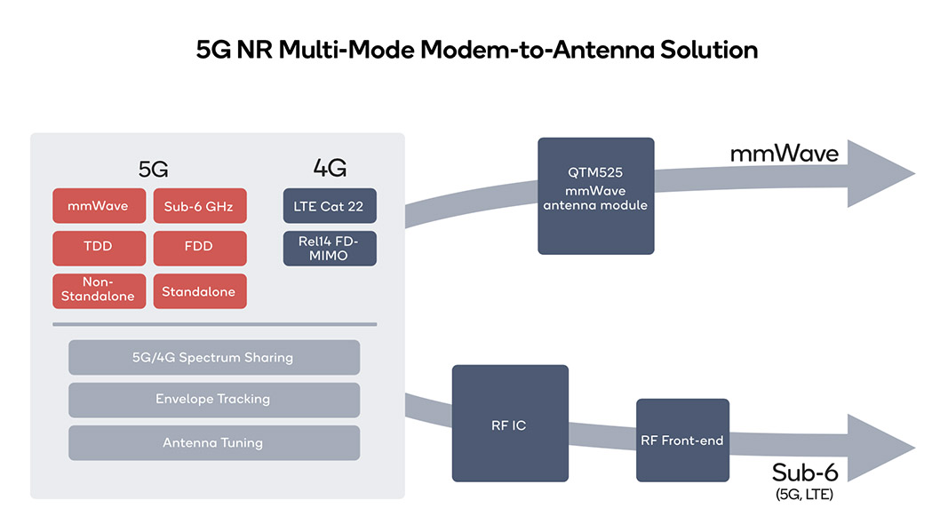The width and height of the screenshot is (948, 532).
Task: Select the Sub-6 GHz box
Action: pyautogui.click(x=200, y=205)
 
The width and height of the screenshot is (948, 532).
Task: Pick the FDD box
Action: pyautogui.click(x=200, y=248)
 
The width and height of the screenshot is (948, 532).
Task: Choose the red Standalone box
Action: pyautogui.click(x=200, y=290)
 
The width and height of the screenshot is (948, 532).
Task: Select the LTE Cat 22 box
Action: pyautogui.click(x=330, y=205)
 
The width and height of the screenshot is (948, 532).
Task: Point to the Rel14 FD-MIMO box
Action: pyautogui.click(x=330, y=248)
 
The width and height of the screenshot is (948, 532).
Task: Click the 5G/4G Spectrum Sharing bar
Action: pyautogui.click(x=214, y=357)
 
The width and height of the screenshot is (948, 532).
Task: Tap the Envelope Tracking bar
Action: pyautogui.click(x=214, y=400)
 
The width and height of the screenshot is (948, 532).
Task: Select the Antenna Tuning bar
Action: pyautogui.click(x=214, y=442)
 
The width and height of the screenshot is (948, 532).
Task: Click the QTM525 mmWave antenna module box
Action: pyautogui.click(x=595, y=196)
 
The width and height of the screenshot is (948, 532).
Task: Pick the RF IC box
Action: pyautogui.click(x=510, y=423)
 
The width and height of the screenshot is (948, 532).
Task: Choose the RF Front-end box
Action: pyautogui.click(x=682, y=441)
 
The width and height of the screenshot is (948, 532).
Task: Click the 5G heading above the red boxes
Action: pyautogui.click(x=153, y=170)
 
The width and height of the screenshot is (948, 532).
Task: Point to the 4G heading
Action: pyautogui.click(x=330, y=168)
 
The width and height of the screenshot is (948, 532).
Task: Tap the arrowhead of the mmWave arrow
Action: pyautogui.click(x=880, y=173)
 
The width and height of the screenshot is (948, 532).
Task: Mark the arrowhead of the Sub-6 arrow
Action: pyautogui.click(x=880, y=448)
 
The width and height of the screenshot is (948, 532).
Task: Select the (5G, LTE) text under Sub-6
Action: pyautogui.click(x=804, y=495)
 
